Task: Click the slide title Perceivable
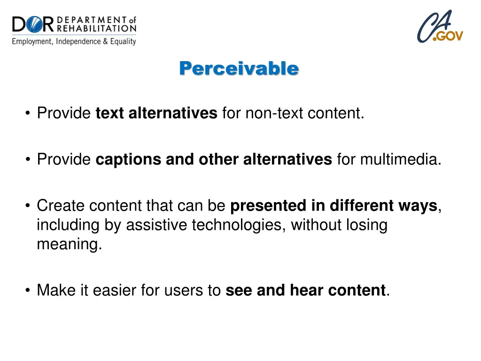[239, 69]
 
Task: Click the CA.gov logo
[440, 27]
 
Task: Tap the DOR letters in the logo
[33, 24]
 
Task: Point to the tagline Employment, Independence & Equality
[74, 41]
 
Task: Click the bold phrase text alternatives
[156, 113]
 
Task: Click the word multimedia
[401, 160]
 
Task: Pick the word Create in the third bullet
[61, 206]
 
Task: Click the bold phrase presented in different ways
[334, 206]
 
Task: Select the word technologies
[239, 226]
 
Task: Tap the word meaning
[69, 245]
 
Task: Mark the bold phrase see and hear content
[305, 290]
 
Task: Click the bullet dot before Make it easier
[29, 291]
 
